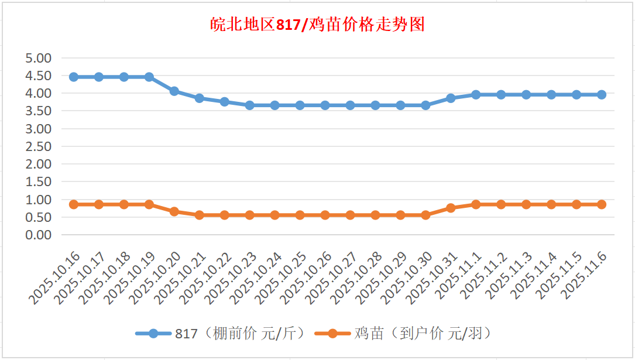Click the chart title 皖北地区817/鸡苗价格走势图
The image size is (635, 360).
point(317,25)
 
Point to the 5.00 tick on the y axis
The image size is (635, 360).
point(39,58)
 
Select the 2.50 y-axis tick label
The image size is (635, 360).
point(39,146)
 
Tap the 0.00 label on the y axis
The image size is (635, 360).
point(39,235)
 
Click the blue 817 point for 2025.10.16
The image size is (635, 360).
point(74,77)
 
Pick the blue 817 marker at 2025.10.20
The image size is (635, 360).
point(174,91)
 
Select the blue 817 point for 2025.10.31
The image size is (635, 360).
point(451,98)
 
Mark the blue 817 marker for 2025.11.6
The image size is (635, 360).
point(601,95)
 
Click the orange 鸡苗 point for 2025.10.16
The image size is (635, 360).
point(74,204)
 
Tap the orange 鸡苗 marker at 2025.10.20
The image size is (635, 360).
point(174,211)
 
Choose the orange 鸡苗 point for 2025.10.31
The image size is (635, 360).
point(451,208)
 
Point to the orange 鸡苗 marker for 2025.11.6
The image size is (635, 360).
point(601,204)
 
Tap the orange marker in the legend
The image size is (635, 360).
point(332,334)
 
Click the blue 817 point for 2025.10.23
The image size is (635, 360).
point(250,105)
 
